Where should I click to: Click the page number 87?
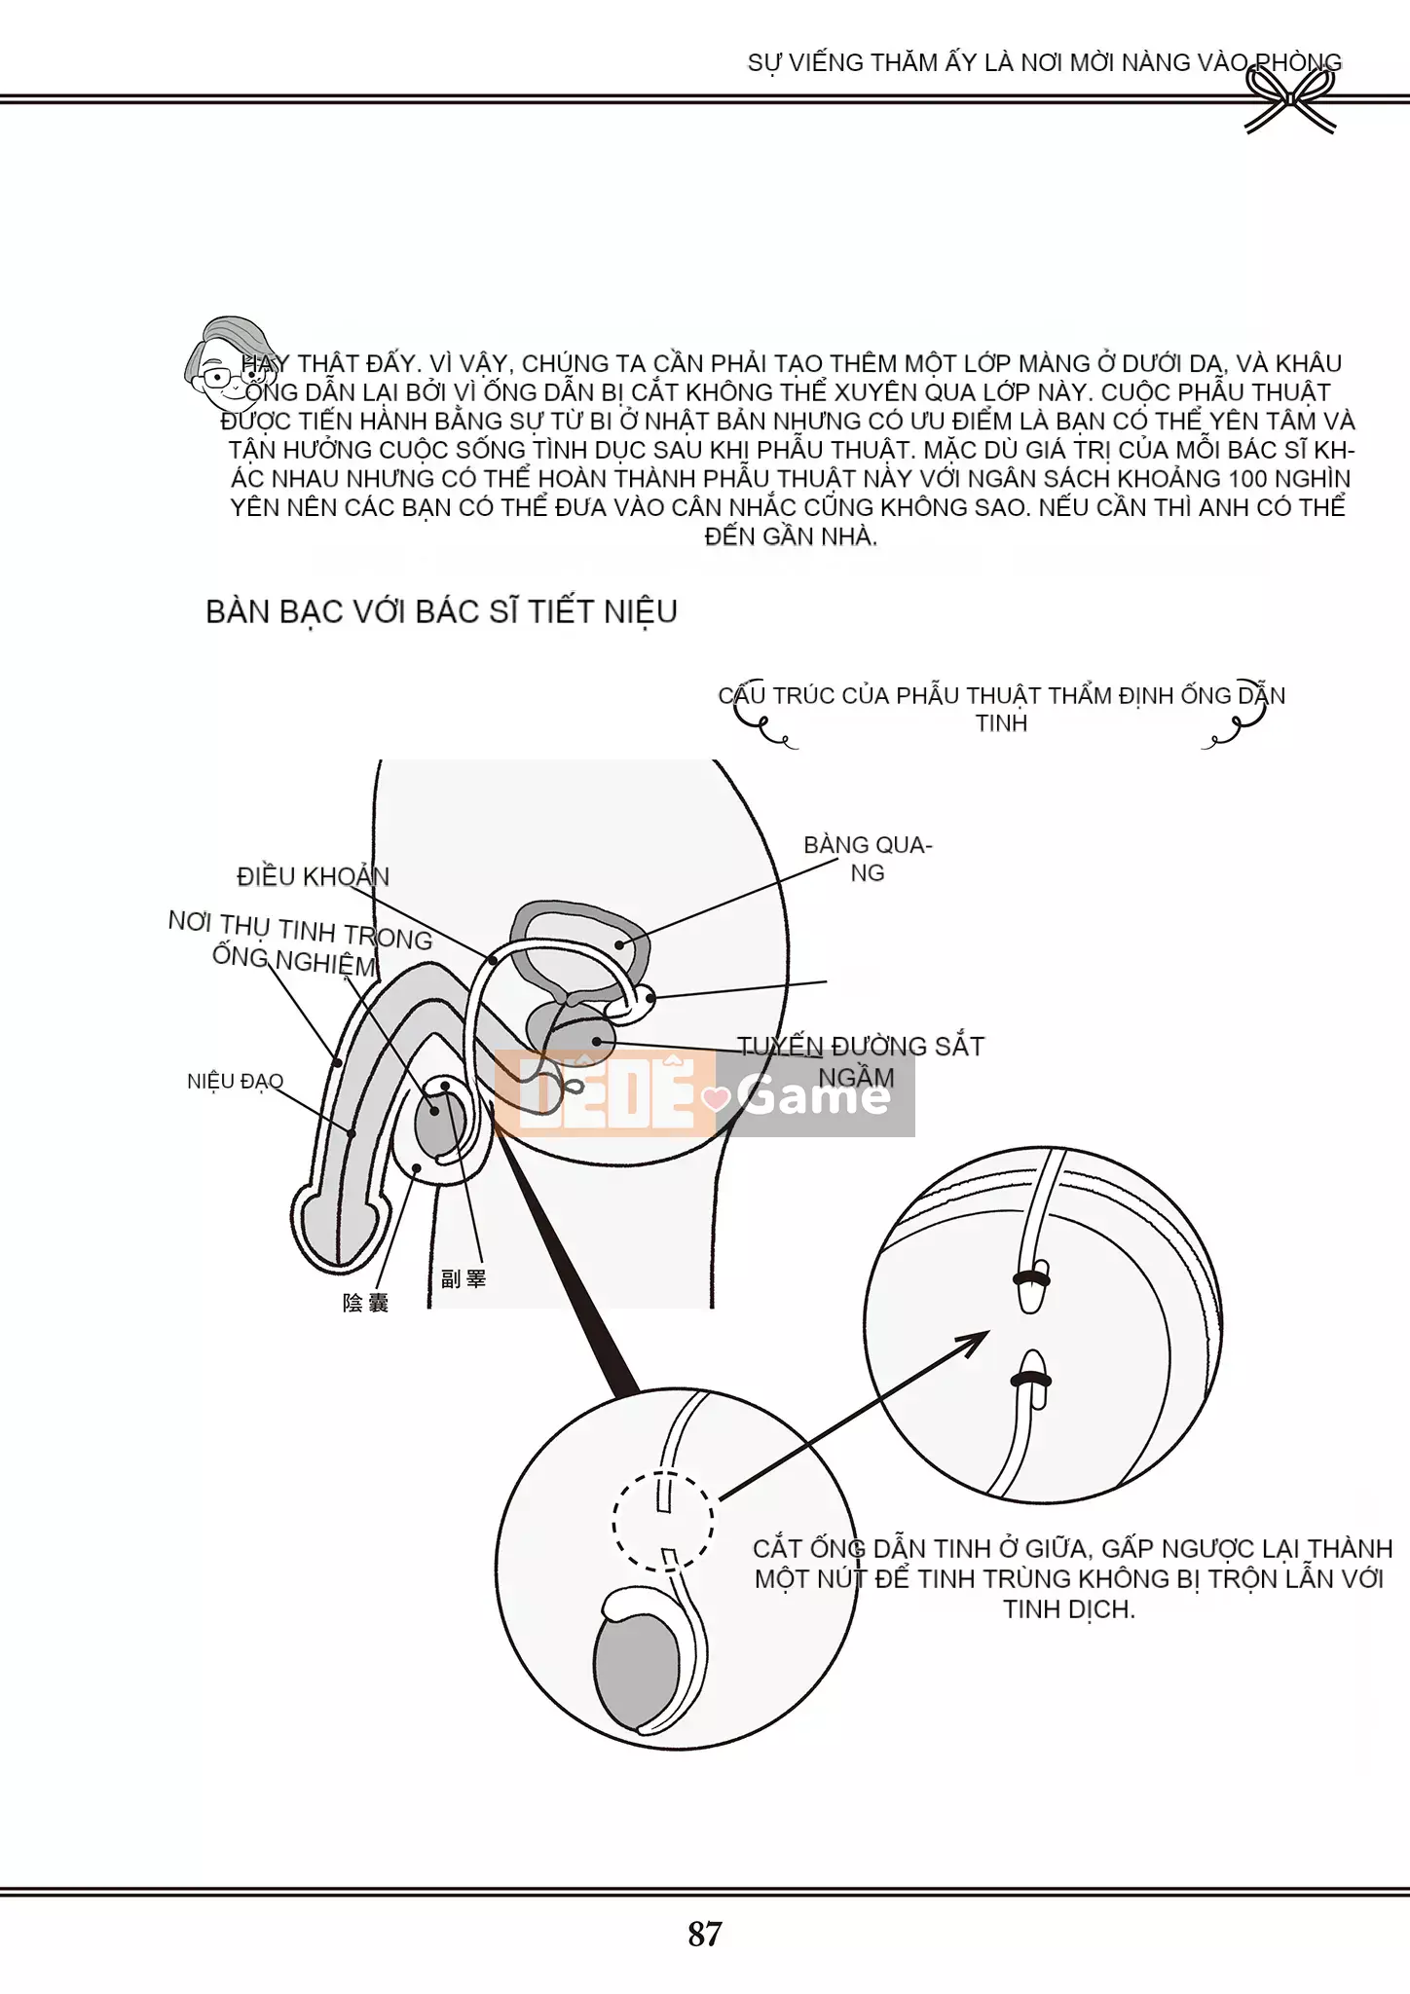[705, 1934]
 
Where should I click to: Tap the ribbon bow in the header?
[1290, 102]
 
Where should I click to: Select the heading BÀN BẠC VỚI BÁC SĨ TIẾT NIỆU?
[441, 611]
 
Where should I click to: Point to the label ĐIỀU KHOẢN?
[313, 876]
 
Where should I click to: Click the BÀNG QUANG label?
[867, 858]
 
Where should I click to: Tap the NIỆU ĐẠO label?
[235, 1081]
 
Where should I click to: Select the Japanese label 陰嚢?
[365, 1303]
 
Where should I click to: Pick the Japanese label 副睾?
[463, 1278]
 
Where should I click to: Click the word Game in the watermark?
[814, 1096]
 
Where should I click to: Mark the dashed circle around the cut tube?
[663, 1519]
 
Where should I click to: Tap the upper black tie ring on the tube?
[1031, 1276]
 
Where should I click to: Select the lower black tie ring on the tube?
[1031, 1379]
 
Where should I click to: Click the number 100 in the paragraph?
[1248, 478]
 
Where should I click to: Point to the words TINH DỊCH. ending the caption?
[1068, 1609]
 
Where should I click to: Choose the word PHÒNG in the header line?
[1298, 62]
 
